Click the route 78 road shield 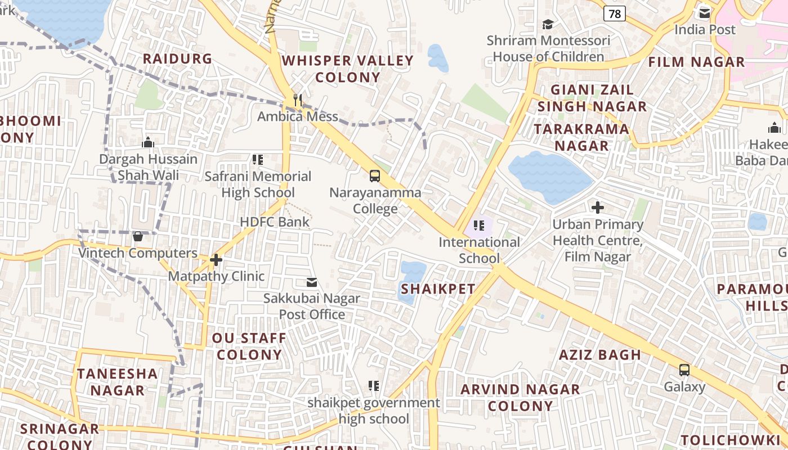[615, 13]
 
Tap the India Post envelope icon [705, 12]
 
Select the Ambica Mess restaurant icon [298, 100]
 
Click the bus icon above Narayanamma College [375, 176]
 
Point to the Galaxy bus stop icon [684, 370]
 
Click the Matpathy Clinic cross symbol [216, 260]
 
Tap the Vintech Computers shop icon [138, 236]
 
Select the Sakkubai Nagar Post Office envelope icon [312, 282]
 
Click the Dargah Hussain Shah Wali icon [149, 142]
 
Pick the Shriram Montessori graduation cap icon [548, 24]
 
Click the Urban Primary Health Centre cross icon [598, 208]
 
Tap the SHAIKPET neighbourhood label [438, 289]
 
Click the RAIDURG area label [177, 59]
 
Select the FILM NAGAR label [696, 62]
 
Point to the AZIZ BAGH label [599, 355]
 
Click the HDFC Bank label [275, 222]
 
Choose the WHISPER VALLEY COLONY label [347, 69]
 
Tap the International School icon [479, 226]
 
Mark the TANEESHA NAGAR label [118, 382]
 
